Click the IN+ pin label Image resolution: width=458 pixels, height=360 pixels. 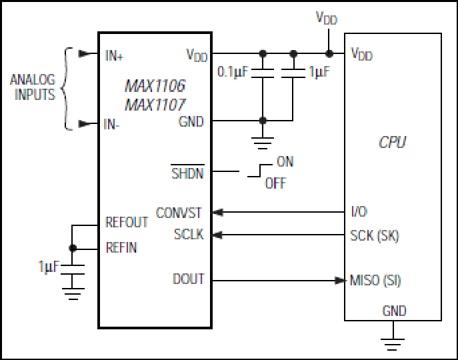pos(114,55)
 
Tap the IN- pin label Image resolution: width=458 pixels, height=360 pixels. pos(111,124)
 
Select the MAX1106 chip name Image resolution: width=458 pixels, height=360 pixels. pos(155,86)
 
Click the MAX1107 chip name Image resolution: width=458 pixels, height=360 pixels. pos(155,105)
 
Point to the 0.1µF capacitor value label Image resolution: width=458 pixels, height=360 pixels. pos(233,72)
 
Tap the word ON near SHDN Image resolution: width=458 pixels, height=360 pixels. pos(285,161)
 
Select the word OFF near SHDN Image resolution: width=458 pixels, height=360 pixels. pos(275,183)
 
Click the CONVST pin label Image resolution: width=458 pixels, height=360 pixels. pos(179,213)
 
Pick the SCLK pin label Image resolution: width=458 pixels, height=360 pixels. pos(189,235)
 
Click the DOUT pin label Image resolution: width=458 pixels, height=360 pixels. pos(189,279)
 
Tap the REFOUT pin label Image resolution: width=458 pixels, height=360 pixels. pos(127,222)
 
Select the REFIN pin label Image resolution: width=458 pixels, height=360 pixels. pos(121,247)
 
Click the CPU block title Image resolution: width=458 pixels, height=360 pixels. pos(392,142)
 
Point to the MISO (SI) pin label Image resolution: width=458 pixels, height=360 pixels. pos(375,280)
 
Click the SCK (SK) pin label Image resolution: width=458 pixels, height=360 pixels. pos(375,235)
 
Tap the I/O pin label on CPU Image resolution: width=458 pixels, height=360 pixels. pos(359,211)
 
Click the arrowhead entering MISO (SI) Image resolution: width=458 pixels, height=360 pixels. pos(340,281)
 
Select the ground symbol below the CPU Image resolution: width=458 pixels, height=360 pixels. pos(392,344)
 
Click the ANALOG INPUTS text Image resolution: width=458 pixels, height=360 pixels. pos(33,87)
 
